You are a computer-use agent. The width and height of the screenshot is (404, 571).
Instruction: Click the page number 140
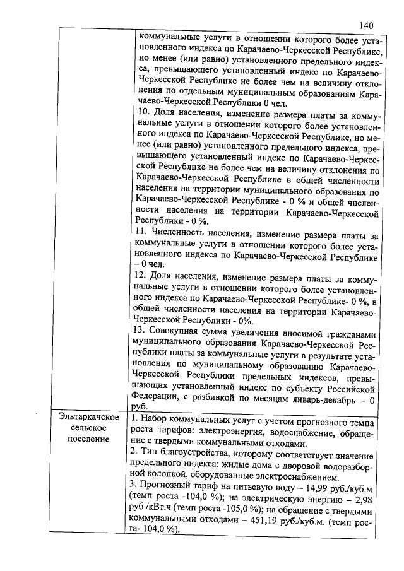click(x=367, y=25)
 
